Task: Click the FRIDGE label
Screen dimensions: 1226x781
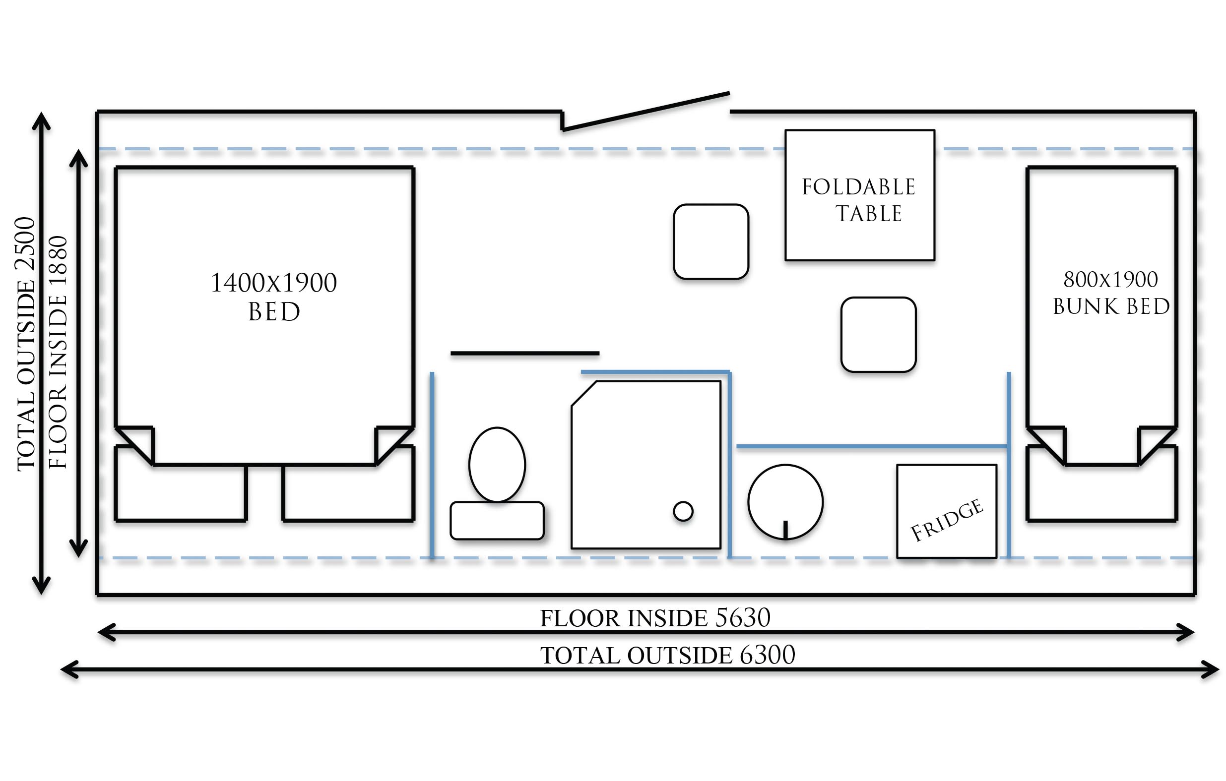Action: tap(947, 520)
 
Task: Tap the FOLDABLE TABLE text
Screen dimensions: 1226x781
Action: tap(859, 200)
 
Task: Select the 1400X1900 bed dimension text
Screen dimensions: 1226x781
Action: tap(274, 283)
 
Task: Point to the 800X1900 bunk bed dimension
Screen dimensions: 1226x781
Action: tap(1110, 279)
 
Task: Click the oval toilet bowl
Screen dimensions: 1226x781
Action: tap(497, 465)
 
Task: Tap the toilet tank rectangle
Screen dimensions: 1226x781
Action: tap(497, 521)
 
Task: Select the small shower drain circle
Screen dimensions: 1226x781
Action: tap(683, 511)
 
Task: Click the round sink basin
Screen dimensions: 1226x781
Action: tap(785, 502)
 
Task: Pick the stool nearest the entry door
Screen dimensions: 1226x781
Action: tap(711, 241)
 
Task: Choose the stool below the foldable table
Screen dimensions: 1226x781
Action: tap(878, 335)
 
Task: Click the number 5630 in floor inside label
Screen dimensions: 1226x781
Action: tap(743, 618)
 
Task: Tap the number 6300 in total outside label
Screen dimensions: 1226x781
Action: tap(767, 655)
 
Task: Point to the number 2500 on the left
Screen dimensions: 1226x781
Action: tap(25, 243)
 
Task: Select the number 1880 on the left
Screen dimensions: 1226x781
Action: tap(58, 262)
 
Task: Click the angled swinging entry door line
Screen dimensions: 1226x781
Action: tap(646, 112)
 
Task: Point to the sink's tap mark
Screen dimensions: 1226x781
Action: tap(785, 529)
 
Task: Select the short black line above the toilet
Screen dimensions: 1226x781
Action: tap(525, 353)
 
